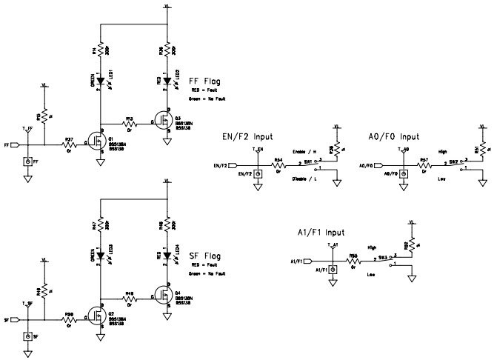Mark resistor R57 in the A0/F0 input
coord(424,163)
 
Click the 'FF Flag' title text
coord(206,81)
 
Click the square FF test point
coord(28,161)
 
